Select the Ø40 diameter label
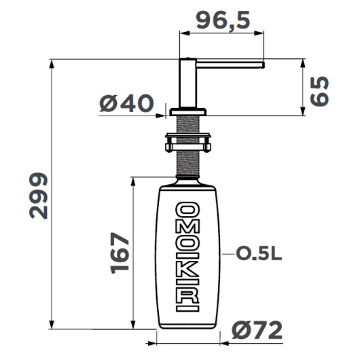[x=126, y=104]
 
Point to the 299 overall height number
[x=39, y=196]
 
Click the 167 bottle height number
[x=120, y=253]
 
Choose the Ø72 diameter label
[x=255, y=332]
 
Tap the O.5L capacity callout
[x=258, y=255]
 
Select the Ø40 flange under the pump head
[x=188, y=111]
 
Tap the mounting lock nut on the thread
[x=188, y=143]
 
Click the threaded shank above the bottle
[x=188, y=163]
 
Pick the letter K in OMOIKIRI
[x=188, y=275]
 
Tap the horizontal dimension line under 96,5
[x=221, y=31]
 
